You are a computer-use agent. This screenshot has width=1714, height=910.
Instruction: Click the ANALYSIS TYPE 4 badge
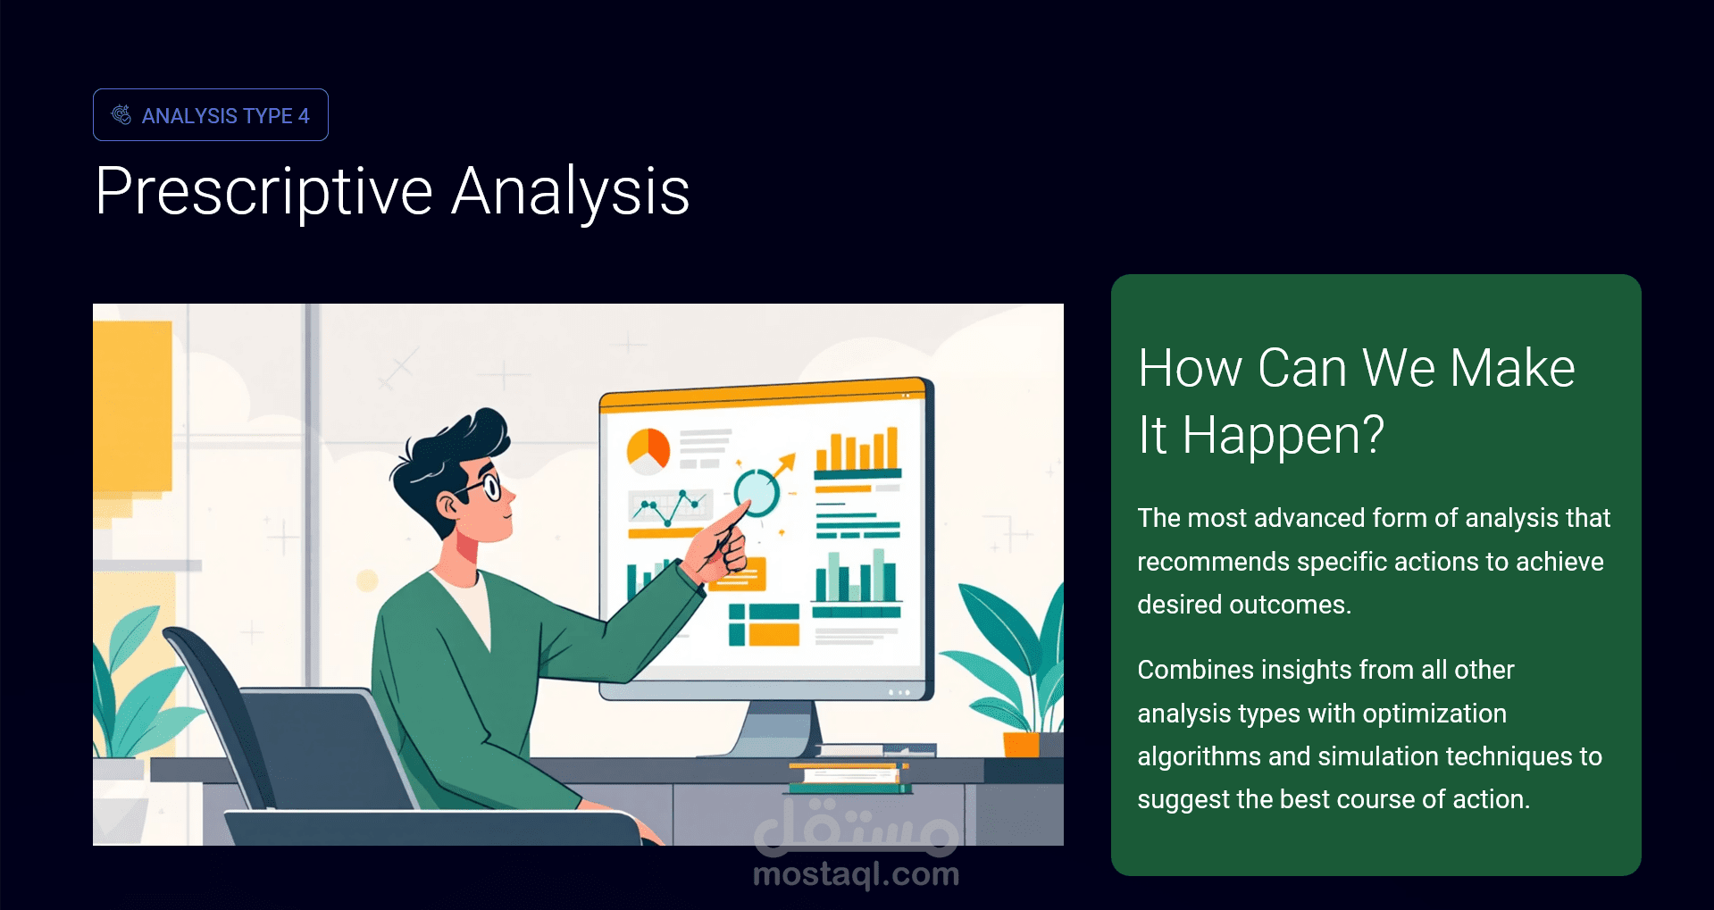pos(211,115)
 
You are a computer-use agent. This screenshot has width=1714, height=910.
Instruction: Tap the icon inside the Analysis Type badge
pos(121,115)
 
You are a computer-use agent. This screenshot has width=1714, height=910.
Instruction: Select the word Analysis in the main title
pos(571,192)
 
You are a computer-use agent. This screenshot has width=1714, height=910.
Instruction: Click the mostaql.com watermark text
pos(856,874)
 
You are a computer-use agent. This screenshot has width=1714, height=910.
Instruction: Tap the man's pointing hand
pos(723,545)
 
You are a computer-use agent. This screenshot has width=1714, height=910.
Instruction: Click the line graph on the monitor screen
pos(670,508)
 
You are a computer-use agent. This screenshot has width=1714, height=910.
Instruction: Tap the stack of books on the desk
pos(849,777)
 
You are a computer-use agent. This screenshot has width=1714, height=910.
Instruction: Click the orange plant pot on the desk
pos(1022,745)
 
